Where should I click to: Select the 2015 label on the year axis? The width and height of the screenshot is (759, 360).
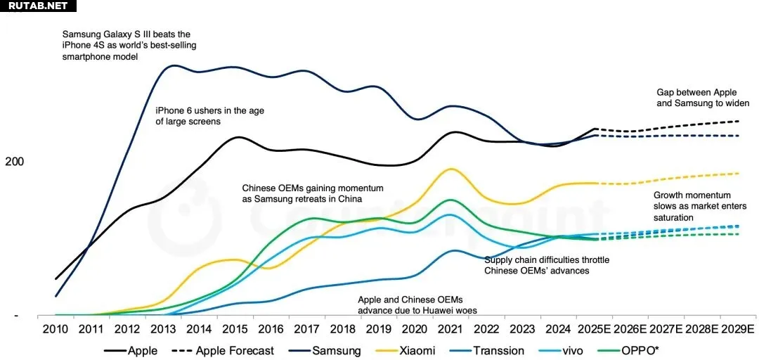pyautogui.click(x=236, y=329)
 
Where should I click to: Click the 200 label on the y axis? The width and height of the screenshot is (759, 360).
pyautogui.click(x=14, y=162)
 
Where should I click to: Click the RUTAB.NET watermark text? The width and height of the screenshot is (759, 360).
pyautogui.click(x=37, y=6)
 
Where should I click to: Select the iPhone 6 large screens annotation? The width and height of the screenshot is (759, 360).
pyautogui.click(x=209, y=116)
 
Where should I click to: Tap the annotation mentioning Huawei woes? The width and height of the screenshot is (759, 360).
pyautogui.click(x=410, y=304)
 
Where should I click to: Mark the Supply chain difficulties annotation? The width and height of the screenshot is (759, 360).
pyautogui.click(x=547, y=265)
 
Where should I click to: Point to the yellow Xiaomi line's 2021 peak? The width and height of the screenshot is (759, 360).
pyautogui.click(x=451, y=169)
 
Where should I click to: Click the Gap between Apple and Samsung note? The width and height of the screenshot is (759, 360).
pyautogui.click(x=703, y=98)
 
